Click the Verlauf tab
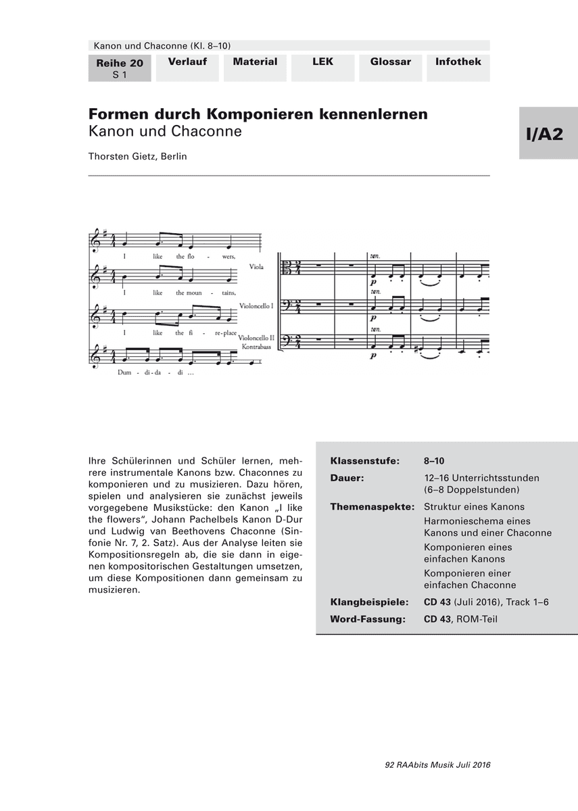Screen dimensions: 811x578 pyautogui.click(x=187, y=62)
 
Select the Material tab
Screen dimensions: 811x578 pyautogui.click(x=255, y=62)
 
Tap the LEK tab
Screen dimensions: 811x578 pyautogui.click(x=322, y=62)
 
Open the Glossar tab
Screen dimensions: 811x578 pyautogui.click(x=390, y=62)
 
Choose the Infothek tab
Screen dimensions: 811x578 pyautogui.click(x=458, y=62)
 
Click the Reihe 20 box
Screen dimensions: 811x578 pyautogui.click(x=120, y=68)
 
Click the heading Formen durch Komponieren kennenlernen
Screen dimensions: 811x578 pyautogui.click(x=258, y=114)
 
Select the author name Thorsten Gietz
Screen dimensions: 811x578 pyautogui.click(x=137, y=156)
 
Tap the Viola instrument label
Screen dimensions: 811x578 pyautogui.click(x=256, y=268)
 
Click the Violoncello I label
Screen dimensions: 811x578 pyautogui.click(x=252, y=305)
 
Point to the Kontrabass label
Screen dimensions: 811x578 pyautogui.click(x=255, y=345)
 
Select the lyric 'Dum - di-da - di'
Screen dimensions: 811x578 pyautogui.click(x=155, y=372)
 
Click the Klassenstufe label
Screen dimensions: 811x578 pyautogui.click(x=364, y=461)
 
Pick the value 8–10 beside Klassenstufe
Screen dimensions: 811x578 pyautogui.click(x=434, y=461)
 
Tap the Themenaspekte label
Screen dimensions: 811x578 pyautogui.click(x=371, y=506)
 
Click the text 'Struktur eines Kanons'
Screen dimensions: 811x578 pyautogui.click(x=474, y=506)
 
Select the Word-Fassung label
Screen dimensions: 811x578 pyautogui.click(x=367, y=618)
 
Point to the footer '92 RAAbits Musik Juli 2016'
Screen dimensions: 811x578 pyautogui.click(x=437, y=765)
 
